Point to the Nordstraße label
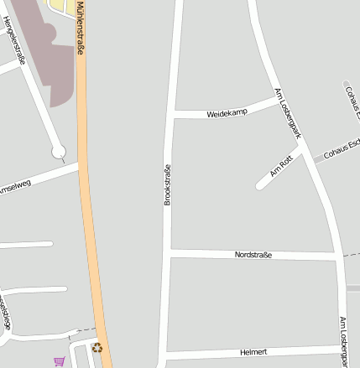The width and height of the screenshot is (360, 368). pos(253,254)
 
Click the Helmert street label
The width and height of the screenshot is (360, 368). pos(253,352)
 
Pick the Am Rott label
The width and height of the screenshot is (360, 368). pos(280,167)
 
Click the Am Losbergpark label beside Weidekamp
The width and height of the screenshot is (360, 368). pos(288,113)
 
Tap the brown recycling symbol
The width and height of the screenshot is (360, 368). pos(97,347)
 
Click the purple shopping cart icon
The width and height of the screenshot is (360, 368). pos(59,361)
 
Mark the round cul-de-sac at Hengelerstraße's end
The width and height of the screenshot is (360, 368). pos(58,152)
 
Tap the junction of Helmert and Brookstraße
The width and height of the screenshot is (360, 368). pos(165,355)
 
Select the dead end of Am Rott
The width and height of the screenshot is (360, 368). pos(261,184)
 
